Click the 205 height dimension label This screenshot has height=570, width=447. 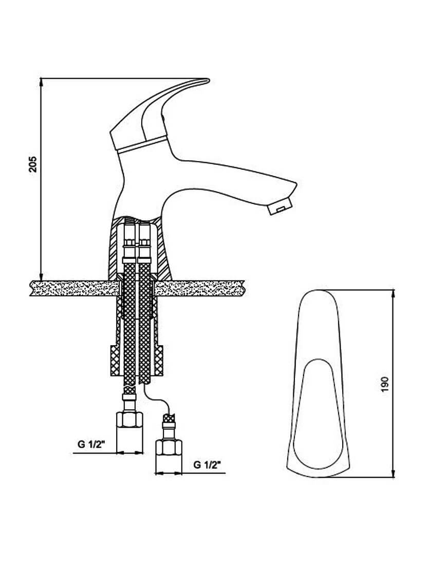pos(33,164)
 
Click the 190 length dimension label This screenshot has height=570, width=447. pos(385,384)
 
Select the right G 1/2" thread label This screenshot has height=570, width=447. pos(207,465)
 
